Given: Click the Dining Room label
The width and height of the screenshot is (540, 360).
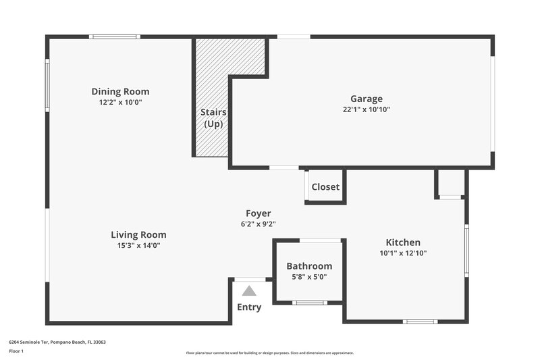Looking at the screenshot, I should click(120, 92).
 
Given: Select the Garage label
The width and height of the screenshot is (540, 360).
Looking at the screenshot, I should click(366, 99).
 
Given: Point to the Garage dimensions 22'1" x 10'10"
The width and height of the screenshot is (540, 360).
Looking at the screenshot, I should click(366, 109).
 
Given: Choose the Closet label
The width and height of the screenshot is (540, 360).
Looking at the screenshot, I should click(325, 187).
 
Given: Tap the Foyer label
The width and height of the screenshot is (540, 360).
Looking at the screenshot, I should click(258, 213).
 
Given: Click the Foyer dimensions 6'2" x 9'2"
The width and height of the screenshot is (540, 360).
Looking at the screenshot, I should click(258, 224).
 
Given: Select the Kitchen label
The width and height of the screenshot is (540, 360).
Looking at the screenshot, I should click(403, 242).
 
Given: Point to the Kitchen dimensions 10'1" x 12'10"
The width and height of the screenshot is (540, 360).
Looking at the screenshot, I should click(403, 253).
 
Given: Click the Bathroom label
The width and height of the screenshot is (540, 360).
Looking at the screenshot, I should click(309, 266).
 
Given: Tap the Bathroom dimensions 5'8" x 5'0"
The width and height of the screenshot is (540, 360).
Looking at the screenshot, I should click(309, 277).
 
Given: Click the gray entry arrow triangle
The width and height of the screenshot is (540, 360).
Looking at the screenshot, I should click(249, 291).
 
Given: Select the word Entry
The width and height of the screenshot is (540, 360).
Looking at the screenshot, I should click(249, 307).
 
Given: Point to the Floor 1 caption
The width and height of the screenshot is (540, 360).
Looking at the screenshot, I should click(16, 351).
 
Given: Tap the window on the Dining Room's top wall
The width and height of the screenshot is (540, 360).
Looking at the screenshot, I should click(115, 36).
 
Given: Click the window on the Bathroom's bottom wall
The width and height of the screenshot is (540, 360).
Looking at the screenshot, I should click(310, 303).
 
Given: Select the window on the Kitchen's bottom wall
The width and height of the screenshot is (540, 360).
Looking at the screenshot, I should click(420, 322).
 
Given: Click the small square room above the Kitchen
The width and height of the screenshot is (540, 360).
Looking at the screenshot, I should click(450, 182).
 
